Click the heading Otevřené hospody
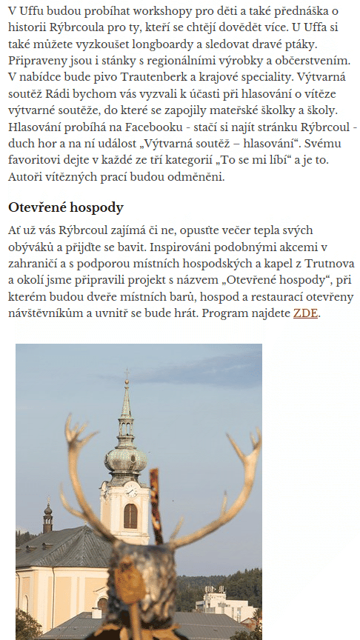tap(65, 207)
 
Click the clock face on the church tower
tap(130, 489)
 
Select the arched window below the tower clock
tap(130, 516)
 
